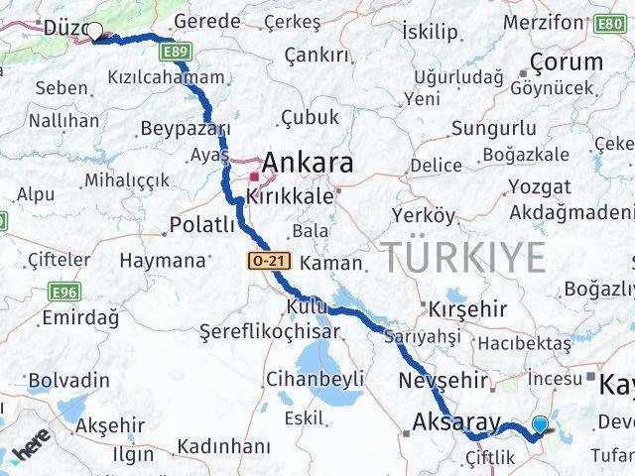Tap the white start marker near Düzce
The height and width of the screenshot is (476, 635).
(94, 32)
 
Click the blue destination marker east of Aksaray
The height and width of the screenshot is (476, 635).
(540, 425)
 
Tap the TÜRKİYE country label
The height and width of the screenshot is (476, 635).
(464, 257)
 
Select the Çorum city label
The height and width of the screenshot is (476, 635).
(566, 61)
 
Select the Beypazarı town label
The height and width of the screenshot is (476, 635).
(186, 128)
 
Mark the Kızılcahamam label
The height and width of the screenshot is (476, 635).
(166, 77)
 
